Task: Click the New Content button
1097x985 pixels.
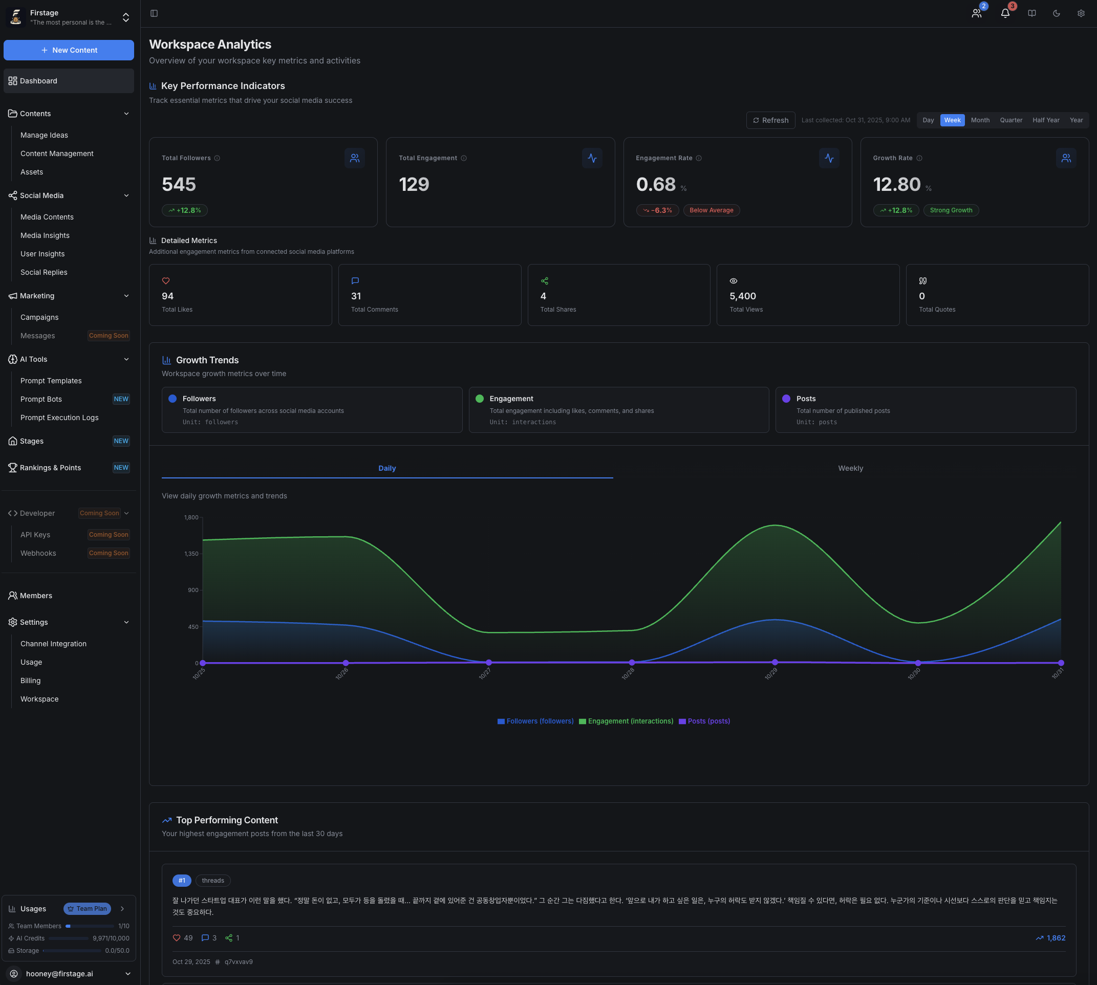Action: pos(69,50)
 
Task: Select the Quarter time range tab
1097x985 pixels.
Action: pos(1011,120)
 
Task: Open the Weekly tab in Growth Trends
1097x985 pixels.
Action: pos(850,468)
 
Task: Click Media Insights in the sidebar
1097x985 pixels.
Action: pos(45,235)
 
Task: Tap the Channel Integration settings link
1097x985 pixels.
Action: pos(54,644)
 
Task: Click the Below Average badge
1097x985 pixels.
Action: pos(711,210)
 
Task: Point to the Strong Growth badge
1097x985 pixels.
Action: pos(951,210)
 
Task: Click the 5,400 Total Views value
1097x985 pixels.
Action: pos(742,296)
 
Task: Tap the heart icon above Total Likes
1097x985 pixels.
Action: pos(166,281)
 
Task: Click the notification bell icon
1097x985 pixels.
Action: pos(1005,13)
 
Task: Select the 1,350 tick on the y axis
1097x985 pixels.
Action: pos(191,554)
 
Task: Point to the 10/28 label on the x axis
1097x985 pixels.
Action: pos(628,674)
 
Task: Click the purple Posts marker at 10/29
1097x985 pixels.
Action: pos(775,663)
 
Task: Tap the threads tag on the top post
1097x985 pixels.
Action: pos(213,881)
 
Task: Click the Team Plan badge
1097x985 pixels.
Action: pos(87,909)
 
